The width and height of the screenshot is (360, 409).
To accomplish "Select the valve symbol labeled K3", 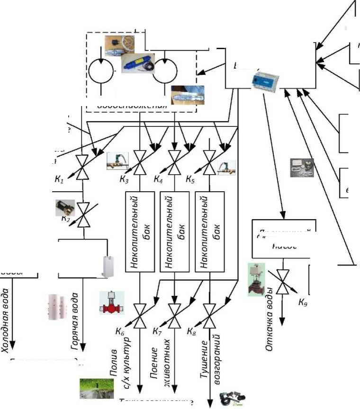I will point(141,162).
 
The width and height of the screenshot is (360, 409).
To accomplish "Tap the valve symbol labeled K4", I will point(174,162).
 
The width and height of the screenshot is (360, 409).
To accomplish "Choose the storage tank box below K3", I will point(140,232).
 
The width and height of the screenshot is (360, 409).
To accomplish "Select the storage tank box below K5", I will point(209,232).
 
